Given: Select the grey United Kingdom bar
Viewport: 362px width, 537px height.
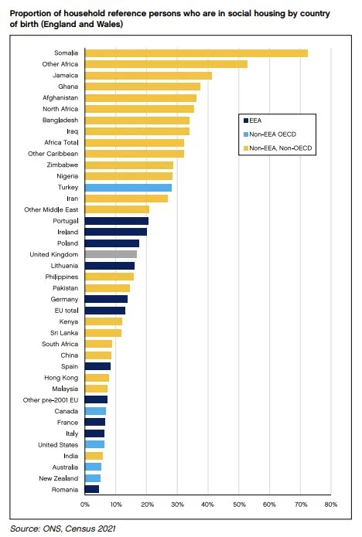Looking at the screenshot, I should (111, 254).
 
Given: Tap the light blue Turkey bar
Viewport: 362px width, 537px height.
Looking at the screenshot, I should (128, 187).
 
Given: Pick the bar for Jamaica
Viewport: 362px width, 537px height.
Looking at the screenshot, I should (148, 76).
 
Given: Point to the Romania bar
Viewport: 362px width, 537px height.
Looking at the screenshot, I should (91, 489).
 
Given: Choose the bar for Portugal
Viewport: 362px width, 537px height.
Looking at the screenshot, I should (116, 221).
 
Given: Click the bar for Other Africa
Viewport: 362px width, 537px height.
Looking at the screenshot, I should (166, 64).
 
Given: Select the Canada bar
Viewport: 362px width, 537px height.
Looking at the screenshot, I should (95, 411).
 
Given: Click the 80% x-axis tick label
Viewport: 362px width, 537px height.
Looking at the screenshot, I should (330, 505).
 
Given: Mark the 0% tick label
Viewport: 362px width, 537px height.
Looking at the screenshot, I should (84, 505).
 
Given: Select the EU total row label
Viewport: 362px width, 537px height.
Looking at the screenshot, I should (64, 311).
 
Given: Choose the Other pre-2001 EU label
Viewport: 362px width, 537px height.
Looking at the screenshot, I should (51, 400).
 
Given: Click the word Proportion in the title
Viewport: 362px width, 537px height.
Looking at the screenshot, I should (32, 12).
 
